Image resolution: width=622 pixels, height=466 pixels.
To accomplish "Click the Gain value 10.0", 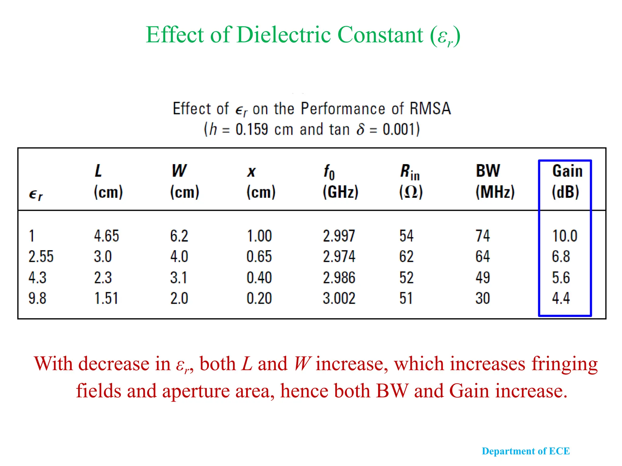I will tap(564, 236).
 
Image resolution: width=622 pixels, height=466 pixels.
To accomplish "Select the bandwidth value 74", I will tap(483, 236).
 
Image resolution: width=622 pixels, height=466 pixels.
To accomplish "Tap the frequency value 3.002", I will tap(339, 298).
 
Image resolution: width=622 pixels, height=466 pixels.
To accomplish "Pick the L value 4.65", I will tap(106, 236).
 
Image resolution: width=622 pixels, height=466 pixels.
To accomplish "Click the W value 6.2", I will tap(179, 236).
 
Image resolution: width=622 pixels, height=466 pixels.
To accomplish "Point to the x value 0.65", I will tap(259, 257).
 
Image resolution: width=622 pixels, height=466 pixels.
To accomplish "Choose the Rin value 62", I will tap(406, 257).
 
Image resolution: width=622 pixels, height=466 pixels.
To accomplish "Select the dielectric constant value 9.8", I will tap(37, 298).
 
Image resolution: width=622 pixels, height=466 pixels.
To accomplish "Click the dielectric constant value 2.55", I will tap(41, 257).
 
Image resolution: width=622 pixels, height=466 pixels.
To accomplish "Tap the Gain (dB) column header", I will tap(566, 181).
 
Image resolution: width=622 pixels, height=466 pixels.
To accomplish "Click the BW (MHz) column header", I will tap(495, 181).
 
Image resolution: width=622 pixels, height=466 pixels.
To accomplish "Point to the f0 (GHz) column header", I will tap(340, 181).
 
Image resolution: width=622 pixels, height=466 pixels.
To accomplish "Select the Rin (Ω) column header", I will tap(411, 181).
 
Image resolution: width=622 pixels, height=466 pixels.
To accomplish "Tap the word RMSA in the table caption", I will tap(430, 109).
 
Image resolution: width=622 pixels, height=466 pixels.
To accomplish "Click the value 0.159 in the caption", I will tap(252, 130).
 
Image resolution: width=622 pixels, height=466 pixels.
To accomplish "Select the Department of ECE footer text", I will tap(526, 451).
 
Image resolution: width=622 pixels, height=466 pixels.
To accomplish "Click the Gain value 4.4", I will tap(561, 298).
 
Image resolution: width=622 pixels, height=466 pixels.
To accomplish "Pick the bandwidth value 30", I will tap(483, 298).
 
